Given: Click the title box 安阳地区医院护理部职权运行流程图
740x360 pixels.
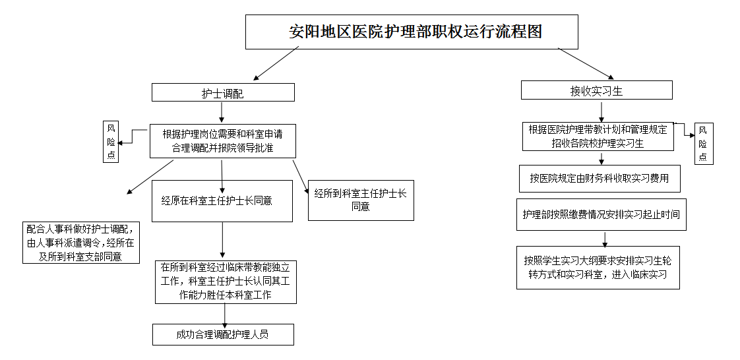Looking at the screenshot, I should [x=412, y=32].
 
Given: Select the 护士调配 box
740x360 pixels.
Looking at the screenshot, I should [x=222, y=93].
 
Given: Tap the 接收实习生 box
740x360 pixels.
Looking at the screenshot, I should [x=596, y=90].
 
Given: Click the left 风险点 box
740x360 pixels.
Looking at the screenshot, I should [x=111, y=141].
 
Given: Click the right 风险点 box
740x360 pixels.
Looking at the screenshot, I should [x=703, y=143].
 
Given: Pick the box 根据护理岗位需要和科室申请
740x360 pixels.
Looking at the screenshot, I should [x=222, y=140].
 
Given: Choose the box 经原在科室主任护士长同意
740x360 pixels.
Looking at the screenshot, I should [x=222, y=200].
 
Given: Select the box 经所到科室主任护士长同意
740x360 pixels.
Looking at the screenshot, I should [x=360, y=200].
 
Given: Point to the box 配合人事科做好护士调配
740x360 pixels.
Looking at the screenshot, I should [x=81, y=243].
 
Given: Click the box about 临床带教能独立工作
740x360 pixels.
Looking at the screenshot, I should [x=226, y=282].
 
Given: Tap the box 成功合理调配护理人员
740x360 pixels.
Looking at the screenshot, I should [x=222, y=334].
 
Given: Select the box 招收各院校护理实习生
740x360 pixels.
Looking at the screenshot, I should [x=598, y=136].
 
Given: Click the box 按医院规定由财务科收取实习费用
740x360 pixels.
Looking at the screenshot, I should [x=599, y=178].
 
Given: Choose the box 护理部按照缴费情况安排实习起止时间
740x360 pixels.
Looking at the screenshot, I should [x=601, y=214].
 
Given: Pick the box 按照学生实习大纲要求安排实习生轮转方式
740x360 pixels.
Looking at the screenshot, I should [x=598, y=267].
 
